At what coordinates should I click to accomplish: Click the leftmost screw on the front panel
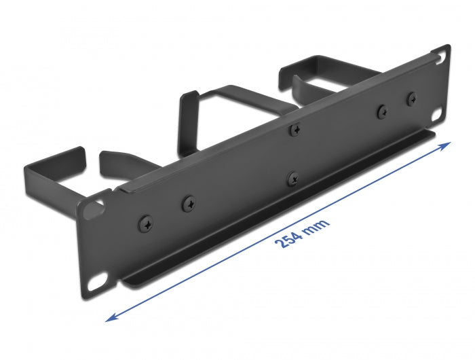[x=147, y=221]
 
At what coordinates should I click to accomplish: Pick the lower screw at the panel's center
[x=292, y=179]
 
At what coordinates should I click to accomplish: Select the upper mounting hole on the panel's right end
[x=443, y=52]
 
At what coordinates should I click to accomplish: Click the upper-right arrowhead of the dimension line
[x=449, y=145]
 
